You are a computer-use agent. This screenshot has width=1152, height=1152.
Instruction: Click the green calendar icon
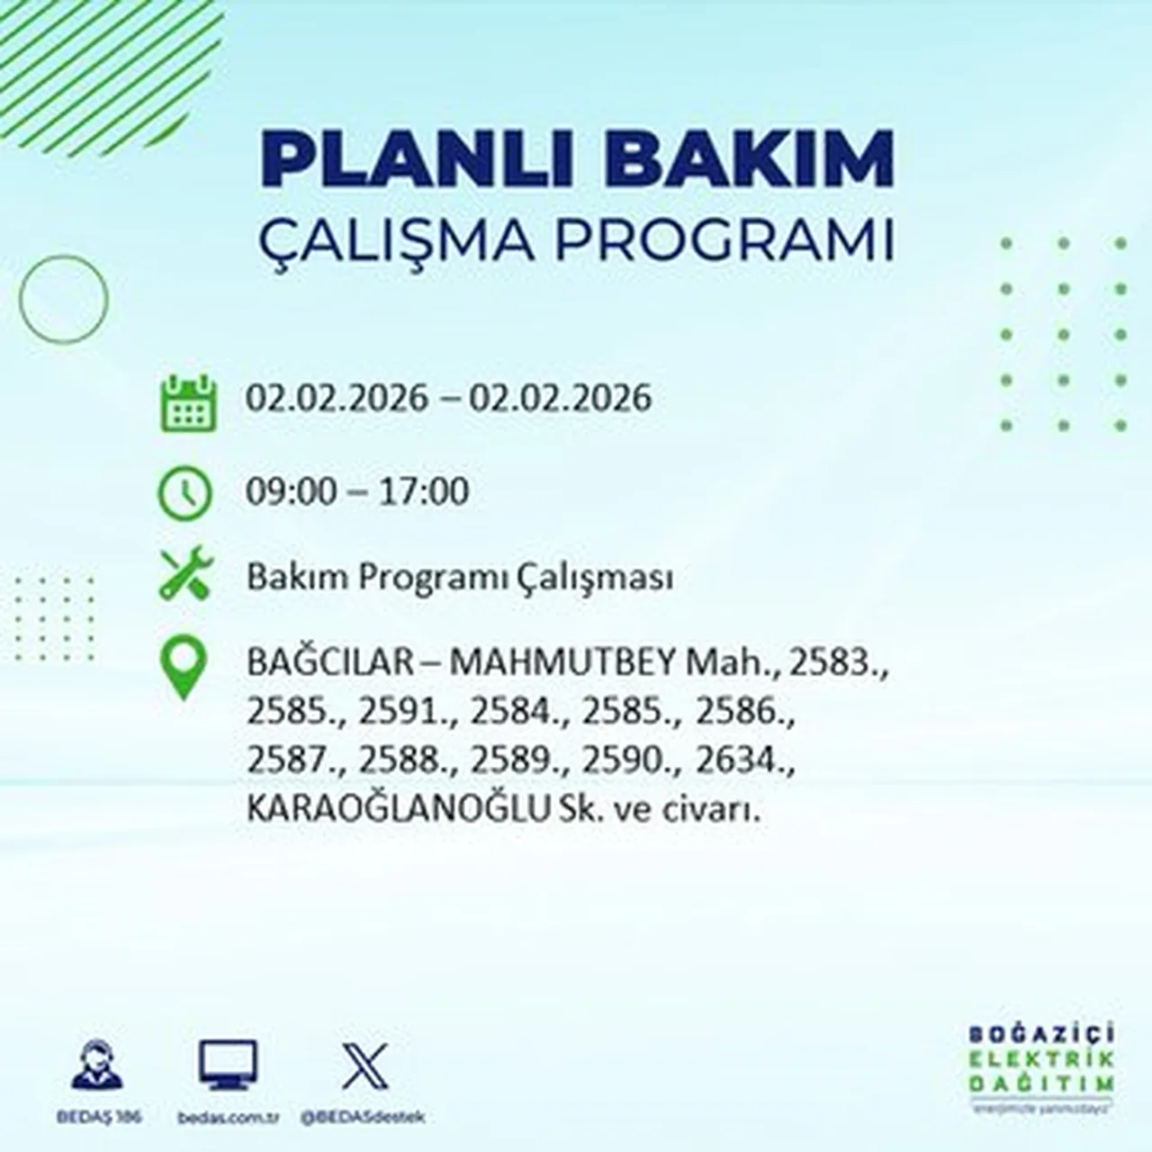click(187, 402)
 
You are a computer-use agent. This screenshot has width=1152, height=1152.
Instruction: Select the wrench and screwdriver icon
click(184, 575)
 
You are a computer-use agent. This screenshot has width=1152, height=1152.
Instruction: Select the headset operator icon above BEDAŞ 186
click(96, 1066)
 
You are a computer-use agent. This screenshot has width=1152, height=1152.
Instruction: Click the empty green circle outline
click(63, 299)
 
